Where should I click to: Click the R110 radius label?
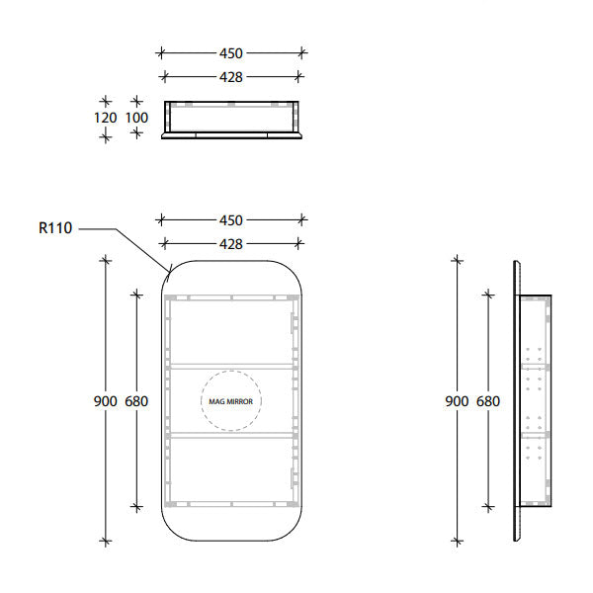[x=55, y=228]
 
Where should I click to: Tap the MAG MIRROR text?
[x=231, y=402]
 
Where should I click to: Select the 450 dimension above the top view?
[x=231, y=53]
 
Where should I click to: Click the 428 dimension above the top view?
[x=231, y=76]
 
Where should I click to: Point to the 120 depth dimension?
[x=106, y=119]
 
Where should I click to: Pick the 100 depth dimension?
[x=136, y=119]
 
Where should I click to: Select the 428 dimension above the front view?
[x=231, y=243]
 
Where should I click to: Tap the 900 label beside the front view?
[x=106, y=401]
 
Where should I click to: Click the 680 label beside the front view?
[x=136, y=401]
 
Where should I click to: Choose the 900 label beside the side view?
[x=456, y=401]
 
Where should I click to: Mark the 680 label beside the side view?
[x=487, y=401]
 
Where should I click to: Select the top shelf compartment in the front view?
[x=231, y=331]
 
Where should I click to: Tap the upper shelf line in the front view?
[x=231, y=366]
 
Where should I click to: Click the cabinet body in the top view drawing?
[x=231, y=117]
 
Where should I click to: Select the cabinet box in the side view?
[x=535, y=401]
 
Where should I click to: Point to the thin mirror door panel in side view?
[x=516, y=401]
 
